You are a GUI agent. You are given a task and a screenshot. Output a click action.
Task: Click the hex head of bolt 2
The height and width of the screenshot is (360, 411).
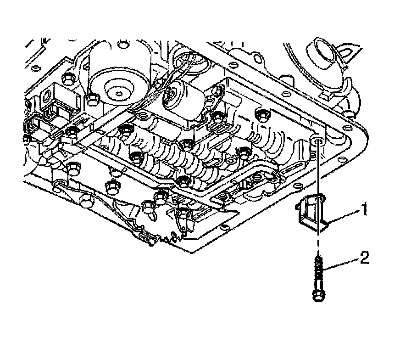pos(317,296)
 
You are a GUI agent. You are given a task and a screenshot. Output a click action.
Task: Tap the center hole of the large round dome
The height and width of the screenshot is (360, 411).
pos(119,94)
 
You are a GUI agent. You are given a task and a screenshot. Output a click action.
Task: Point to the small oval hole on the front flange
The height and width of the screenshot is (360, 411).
pos(224,226)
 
